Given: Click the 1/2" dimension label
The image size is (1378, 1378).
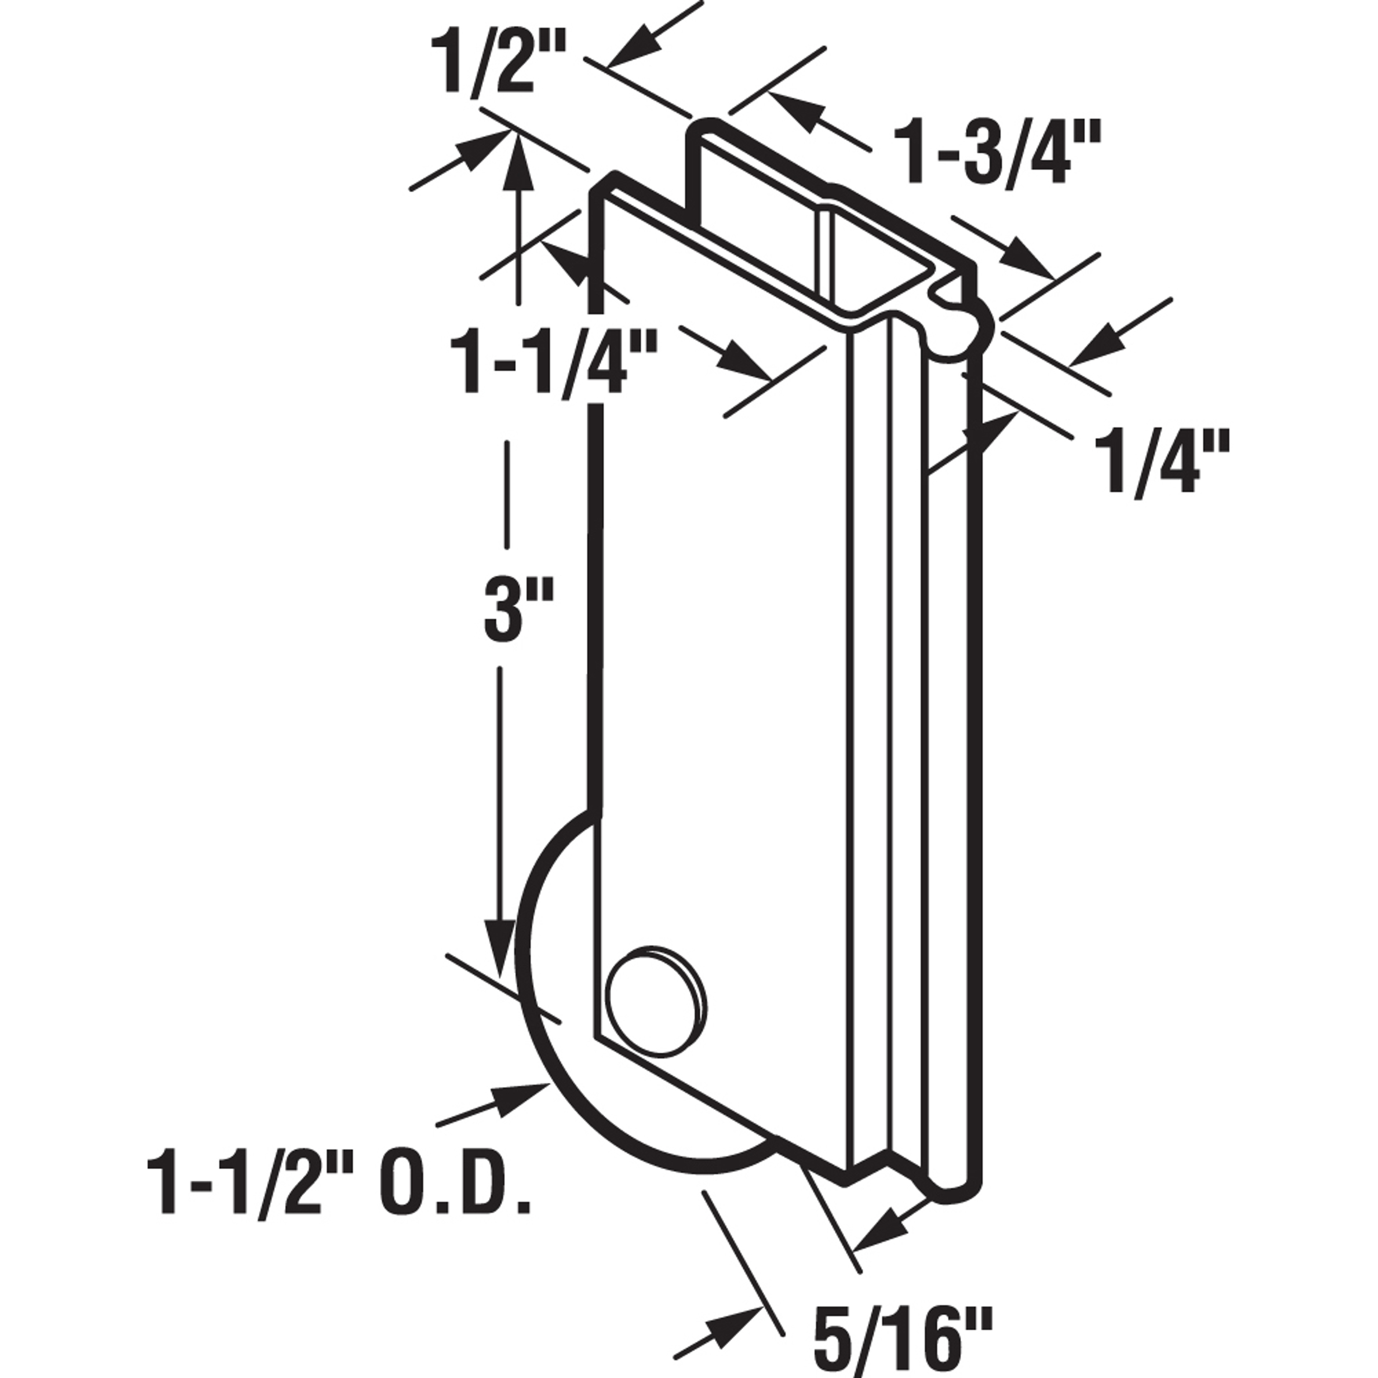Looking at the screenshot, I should (497, 64).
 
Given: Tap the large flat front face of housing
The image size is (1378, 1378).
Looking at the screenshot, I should (720, 642).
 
